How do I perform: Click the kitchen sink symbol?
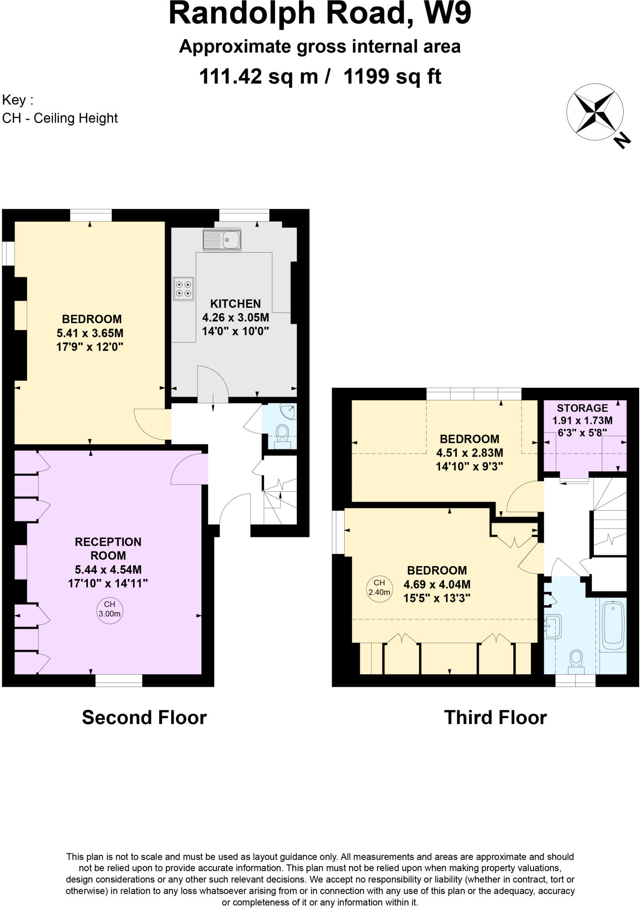pyautogui.click(x=222, y=240)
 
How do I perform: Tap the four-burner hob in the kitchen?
pyautogui.click(x=184, y=289)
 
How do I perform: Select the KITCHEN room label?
pyautogui.click(x=236, y=304)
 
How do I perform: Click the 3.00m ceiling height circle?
pyautogui.click(x=110, y=609)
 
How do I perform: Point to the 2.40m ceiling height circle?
pyautogui.click(x=380, y=587)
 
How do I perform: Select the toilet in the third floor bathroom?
pyautogui.click(x=576, y=661)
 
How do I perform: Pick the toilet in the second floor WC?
pyautogui.click(x=282, y=435)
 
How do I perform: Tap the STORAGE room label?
pyautogui.click(x=582, y=408)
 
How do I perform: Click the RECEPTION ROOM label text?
pyautogui.click(x=108, y=548)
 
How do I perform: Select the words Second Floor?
pyautogui.click(x=145, y=717)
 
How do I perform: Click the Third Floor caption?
pyautogui.click(x=495, y=717)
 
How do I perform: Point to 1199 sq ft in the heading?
pyautogui.click(x=393, y=76)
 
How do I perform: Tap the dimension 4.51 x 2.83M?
pyautogui.click(x=470, y=453)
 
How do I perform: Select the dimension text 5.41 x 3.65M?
pyautogui.click(x=90, y=333)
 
